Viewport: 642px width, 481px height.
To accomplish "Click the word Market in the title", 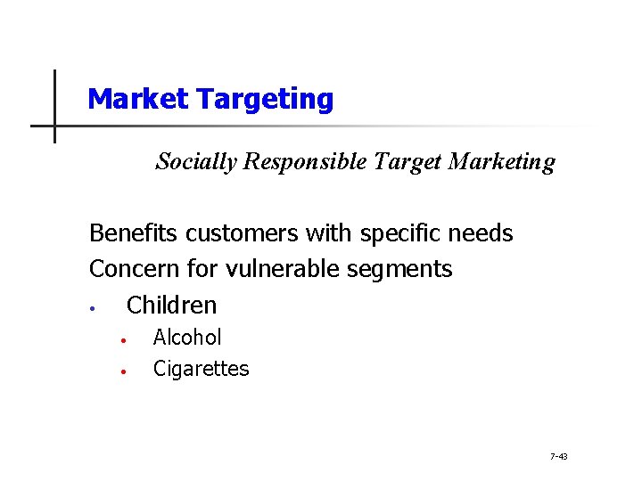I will [139, 99].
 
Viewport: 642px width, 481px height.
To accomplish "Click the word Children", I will [172, 305].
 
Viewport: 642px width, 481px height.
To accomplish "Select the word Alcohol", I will [187, 338].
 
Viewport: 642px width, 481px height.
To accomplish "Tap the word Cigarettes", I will [202, 369].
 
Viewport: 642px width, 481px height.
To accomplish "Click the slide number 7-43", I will [559, 457].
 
